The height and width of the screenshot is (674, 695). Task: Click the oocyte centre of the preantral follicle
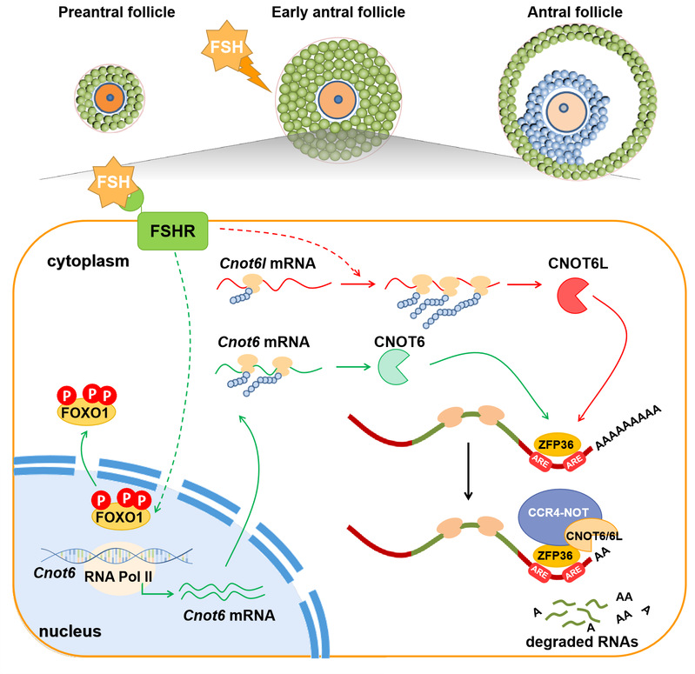click(x=107, y=97)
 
